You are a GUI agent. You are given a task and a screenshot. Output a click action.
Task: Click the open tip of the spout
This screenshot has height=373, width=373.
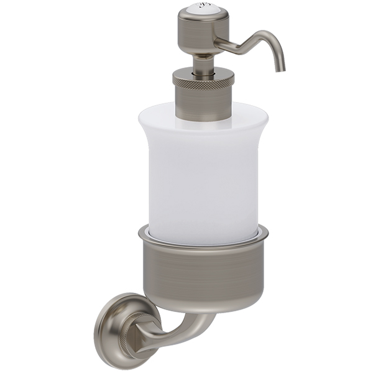point(281,68)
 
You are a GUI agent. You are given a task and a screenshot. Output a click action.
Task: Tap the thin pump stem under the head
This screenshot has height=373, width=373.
point(203,63)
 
